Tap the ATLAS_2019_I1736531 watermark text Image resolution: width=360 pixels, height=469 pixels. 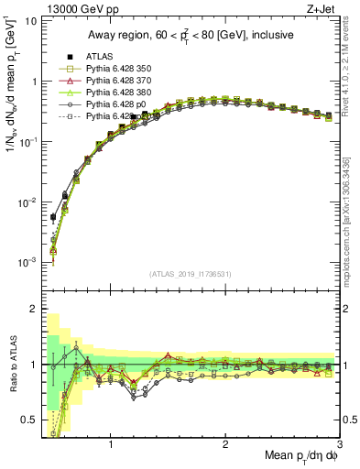pos(190,274)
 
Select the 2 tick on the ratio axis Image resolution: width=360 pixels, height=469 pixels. pos(33,309)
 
